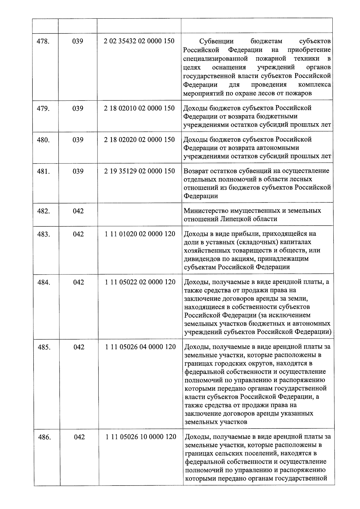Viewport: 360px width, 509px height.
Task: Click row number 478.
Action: point(43,41)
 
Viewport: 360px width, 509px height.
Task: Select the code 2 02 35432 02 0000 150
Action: point(139,41)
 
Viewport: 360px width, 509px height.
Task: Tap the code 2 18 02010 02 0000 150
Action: point(139,108)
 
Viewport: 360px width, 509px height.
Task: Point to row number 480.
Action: point(43,140)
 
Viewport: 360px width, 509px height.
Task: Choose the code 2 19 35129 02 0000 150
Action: point(139,171)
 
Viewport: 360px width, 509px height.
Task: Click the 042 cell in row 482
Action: point(78,211)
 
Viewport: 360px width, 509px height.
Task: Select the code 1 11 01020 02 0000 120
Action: point(140,234)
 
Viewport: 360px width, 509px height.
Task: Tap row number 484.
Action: point(44,282)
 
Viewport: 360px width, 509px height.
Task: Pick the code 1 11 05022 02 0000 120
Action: point(140,282)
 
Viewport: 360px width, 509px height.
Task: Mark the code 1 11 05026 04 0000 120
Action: point(140,347)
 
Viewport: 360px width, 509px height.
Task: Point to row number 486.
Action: point(45,437)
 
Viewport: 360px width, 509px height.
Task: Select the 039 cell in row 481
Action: point(78,171)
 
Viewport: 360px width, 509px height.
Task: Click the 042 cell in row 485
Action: point(79,347)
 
